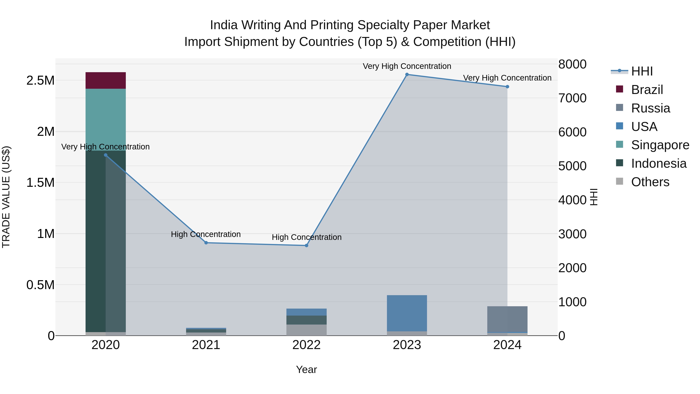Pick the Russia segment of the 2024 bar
pos(507,319)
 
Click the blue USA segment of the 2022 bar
pos(306,312)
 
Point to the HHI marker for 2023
pos(407,75)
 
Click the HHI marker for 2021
pos(206,243)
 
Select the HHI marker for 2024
pos(507,87)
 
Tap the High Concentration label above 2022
pos(306,237)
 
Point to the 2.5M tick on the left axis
pos(40,81)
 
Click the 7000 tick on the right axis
pos(572,98)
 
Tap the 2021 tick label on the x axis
pos(206,345)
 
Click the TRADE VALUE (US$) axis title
pos(6,197)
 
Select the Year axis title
pos(306,369)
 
